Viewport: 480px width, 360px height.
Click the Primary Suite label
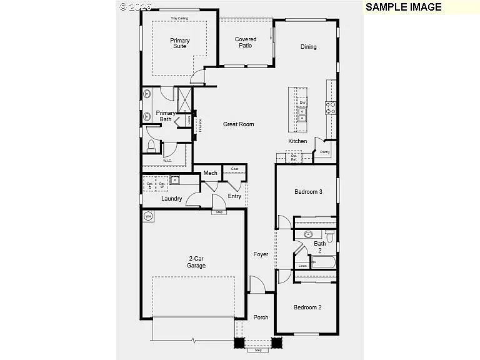pyautogui.click(x=180, y=43)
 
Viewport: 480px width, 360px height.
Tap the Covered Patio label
pyautogui.click(x=246, y=42)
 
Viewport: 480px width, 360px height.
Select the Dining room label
pyautogui.click(x=308, y=47)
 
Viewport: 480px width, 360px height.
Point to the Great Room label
pyautogui.click(x=239, y=124)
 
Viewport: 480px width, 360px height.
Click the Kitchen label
pyautogui.click(x=297, y=141)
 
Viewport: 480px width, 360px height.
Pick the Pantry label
pyautogui.click(x=325, y=152)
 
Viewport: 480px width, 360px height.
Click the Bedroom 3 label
pyautogui.click(x=308, y=192)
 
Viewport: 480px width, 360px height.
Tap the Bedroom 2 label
pyautogui.click(x=307, y=307)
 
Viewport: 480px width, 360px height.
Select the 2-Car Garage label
pyautogui.click(x=197, y=262)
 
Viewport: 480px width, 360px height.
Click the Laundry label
pyautogui.click(x=172, y=199)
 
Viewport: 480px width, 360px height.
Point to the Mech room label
pyautogui.click(x=210, y=173)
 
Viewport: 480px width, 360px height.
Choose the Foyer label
pyautogui.click(x=261, y=254)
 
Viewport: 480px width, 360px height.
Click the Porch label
pyautogui.click(x=261, y=317)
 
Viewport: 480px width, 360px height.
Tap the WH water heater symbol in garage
pyautogui.click(x=149, y=217)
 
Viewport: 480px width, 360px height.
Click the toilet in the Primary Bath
pyautogui.click(x=151, y=146)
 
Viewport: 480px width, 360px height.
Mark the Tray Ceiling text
pyautogui.click(x=179, y=19)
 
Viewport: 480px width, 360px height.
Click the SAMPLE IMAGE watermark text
pyautogui.click(x=403, y=7)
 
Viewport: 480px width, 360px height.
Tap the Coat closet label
pyautogui.click(x=234, y=169)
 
